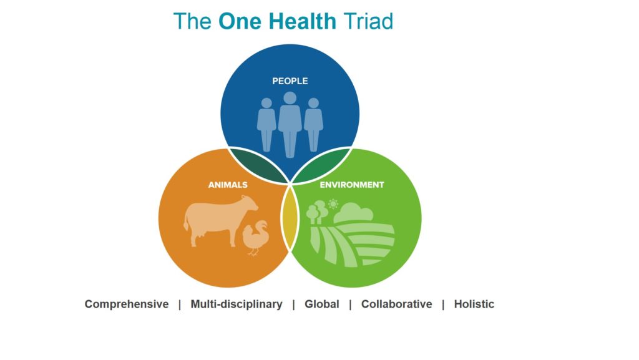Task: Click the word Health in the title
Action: (x=303, y=21)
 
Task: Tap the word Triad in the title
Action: (x=368, y=21)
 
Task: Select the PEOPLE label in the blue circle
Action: (x=290, y=81)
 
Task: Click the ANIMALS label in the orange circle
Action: (x=228, y=185)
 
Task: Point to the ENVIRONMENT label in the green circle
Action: (x=352, y=185)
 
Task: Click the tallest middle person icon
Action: (x=290, y=124)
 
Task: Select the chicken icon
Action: (x=255, y=238)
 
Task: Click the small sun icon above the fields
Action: (x=333, y=203)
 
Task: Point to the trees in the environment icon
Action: (x=317, y=212)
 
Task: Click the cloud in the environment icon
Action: (x=353, y=213)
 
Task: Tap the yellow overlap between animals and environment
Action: (x=290, y=219)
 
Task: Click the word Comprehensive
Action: (x=126, y=304)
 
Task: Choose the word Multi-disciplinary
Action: (x=237, y=304)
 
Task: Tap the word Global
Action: (x=321, y=304)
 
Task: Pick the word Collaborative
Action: (x=396, y=304)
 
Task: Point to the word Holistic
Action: (x=474, y=304)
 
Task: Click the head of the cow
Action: (x=250, y=203)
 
